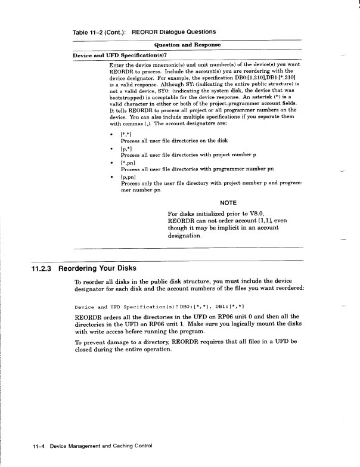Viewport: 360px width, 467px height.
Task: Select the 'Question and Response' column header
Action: [187, 45]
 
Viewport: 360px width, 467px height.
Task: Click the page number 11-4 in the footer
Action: [39, 446]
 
